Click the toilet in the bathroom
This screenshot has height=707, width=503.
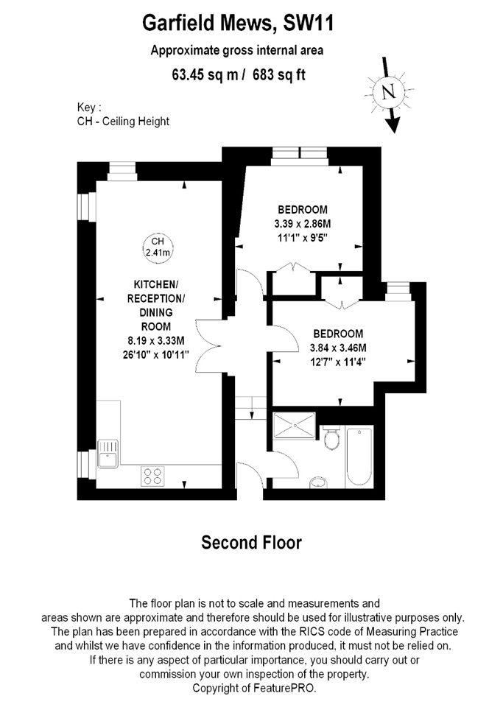click(x=331, y=438)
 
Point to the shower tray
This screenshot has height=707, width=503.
click(x=292, y=425)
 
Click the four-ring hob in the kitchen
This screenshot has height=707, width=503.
click(x=152, y=476)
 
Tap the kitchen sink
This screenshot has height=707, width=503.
click(x=108, y=451)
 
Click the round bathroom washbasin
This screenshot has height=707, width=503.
click(x=318, y=482)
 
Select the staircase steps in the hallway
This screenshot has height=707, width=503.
click(x=250, y=407)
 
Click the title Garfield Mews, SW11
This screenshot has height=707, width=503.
click(x=237, y=24)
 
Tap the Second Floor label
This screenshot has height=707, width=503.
click(x=251, y=544)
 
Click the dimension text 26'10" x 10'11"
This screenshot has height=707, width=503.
click(x=156, y=353)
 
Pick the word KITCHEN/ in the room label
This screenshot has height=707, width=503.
click(x=155, y=284)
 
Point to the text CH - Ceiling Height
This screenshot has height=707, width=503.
click(x=122, y=121)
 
